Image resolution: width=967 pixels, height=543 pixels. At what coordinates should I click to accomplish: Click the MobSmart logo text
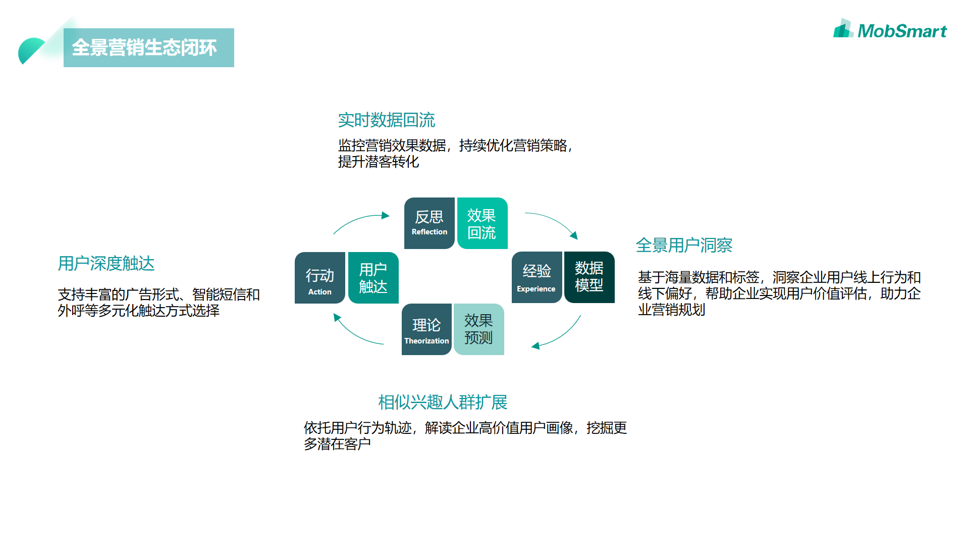point(901,31)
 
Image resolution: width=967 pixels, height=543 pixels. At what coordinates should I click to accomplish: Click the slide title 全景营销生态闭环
point(144,47)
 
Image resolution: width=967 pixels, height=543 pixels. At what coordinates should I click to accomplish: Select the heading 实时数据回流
point(386,120)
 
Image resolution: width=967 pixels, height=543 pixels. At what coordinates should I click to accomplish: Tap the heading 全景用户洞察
point(684,245)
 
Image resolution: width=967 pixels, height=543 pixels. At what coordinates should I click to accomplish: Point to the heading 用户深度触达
point(106,264)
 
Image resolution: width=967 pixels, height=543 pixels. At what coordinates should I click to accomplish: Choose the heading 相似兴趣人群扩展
point(443,403)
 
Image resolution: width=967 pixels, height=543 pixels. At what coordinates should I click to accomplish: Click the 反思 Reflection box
point(429,223)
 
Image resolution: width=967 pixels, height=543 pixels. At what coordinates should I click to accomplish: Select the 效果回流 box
point(482,223)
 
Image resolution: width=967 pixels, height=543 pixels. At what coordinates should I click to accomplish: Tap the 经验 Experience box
point(536,277)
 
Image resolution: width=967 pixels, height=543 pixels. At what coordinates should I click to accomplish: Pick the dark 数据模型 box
point(589,277)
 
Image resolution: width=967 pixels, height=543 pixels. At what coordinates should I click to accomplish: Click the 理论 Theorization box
point(426,329)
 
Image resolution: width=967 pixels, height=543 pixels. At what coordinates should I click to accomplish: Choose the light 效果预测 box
point(478,329)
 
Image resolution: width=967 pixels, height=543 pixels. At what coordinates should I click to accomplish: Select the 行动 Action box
point(320,278)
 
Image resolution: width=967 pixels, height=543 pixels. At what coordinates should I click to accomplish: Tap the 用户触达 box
point(373,278)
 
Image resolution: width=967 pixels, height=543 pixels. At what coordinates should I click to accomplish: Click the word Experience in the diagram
point(536,289)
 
